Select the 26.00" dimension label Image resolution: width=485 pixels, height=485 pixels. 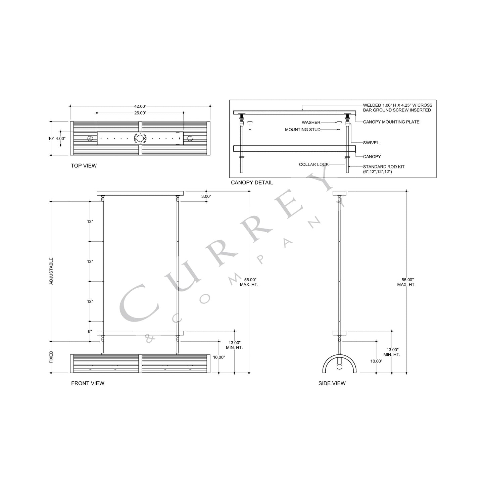pos(140,113)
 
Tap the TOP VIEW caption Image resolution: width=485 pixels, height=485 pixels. pos(84,165)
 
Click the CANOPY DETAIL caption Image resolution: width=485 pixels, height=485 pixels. pos(252,183)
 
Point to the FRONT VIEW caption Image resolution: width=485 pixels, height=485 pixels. pos(88,383)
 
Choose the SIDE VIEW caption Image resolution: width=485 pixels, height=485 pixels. pos(332,383)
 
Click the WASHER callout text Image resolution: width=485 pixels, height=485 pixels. pos(311,123)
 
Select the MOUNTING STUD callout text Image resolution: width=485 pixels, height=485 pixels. pos(302,130)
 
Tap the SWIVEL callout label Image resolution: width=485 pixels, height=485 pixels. pos(371,143)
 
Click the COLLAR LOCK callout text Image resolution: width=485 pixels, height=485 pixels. pos(314,164)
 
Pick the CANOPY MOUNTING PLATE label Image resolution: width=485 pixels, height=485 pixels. pos(391,122)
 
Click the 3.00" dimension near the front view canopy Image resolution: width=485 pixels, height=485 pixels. pos(206,196)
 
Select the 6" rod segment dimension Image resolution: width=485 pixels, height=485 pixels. pos(90,331)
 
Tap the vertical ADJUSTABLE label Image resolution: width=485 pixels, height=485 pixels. pos(51,271)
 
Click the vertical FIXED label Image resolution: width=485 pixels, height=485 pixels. pos(51,357)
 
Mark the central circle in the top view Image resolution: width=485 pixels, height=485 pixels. pos(140,138)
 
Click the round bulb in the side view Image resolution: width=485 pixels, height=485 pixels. pos(339,367)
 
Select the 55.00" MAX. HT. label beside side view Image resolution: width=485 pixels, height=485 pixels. pos(406,282)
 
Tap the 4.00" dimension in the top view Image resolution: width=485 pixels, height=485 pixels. pos(60,138)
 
